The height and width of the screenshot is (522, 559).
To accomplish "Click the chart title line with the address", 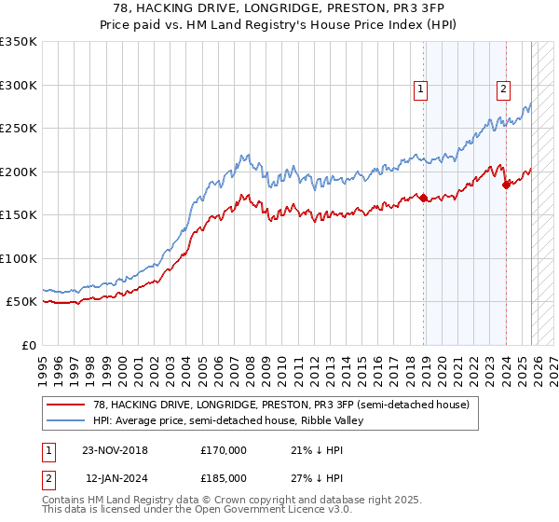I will (279, 8).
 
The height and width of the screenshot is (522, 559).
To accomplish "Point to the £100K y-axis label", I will (19, 258).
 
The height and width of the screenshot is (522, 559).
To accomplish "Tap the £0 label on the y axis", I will (28, 345).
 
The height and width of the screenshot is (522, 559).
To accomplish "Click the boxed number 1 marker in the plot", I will (421, 89).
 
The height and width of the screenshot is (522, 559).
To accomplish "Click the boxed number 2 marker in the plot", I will (503, 89).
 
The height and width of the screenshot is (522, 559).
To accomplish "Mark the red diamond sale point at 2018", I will (423, 198).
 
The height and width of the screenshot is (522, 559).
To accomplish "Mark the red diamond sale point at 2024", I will (506, 185).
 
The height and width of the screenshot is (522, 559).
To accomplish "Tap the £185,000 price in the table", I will (223, 477).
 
